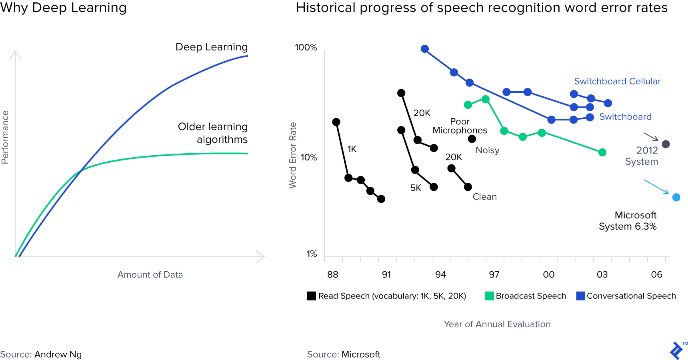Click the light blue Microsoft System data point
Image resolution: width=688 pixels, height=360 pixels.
[x=676, y=197]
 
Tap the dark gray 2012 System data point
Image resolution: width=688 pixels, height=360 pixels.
[x=666, y=144]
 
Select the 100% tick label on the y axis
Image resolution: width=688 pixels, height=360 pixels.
[x=306, y=48]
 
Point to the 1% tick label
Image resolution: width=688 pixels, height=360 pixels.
[x=312, y=254]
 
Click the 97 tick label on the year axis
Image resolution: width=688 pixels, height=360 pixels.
[x=494, y=274]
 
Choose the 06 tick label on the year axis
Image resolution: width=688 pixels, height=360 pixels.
[x=656, y=274]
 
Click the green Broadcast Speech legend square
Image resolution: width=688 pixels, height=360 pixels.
[x=489, y=296]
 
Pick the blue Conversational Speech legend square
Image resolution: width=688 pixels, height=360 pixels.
[x=580, y=296]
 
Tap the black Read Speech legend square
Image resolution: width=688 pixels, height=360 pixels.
[x=312, y=296]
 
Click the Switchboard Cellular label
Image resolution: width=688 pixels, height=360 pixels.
[x=617, y=81]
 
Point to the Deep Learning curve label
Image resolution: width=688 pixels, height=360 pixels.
[x=212, y=47]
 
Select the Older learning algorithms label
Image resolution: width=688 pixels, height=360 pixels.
[x=213, y=133]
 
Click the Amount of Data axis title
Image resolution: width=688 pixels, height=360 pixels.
[x=150, y=274]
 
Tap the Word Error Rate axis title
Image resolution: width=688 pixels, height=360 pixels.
[x=293, y=155]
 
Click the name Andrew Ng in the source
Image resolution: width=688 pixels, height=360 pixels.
[x=58, y=354]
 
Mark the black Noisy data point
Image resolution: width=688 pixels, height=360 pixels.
[x=472, y=139]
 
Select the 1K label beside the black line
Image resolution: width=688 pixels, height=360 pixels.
[x=352, y=149]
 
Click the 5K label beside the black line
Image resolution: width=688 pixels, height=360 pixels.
[x=416, y=188]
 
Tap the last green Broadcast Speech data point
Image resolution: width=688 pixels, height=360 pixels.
[x=602, y=152]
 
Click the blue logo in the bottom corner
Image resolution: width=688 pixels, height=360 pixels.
[x=676, y=351]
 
